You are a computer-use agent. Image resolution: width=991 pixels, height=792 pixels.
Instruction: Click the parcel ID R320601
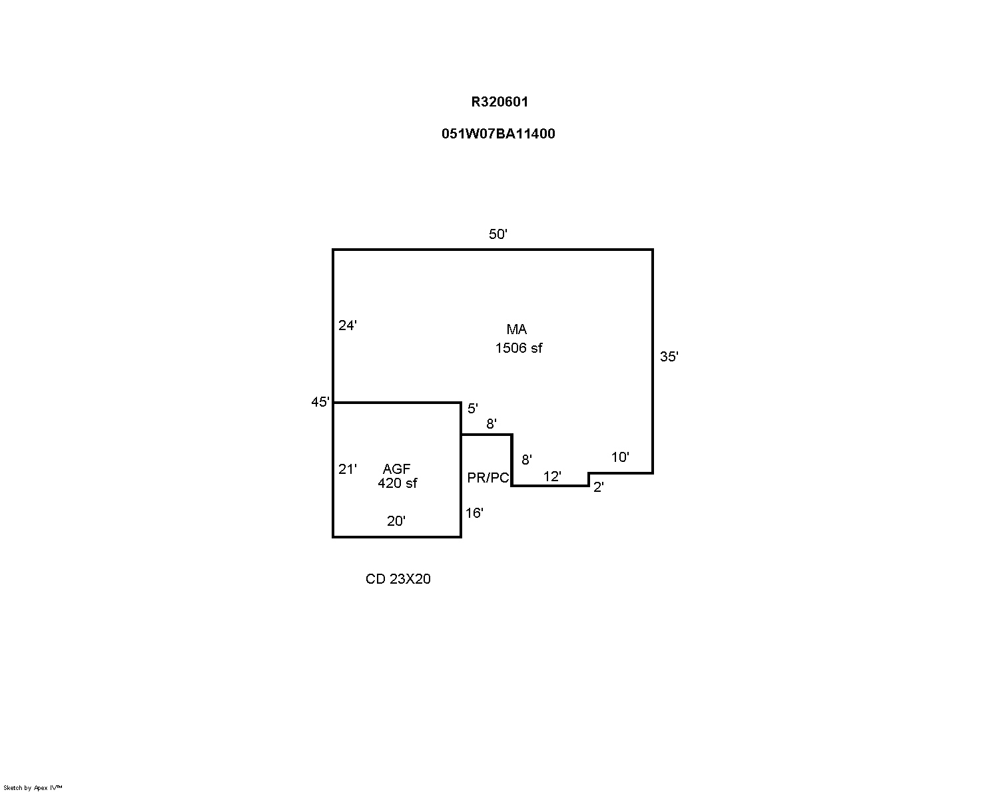coord(499,102)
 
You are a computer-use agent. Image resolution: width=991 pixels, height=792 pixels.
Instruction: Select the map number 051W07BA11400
coord(498,134)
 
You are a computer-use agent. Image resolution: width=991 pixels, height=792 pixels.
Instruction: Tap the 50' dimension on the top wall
coord(498,234)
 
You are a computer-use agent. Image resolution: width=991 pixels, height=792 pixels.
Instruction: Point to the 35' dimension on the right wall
coord(669,357)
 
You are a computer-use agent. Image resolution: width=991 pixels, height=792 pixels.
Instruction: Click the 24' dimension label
coord(348,325)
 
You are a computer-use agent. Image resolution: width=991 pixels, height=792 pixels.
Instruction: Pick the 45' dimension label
coord(320,402)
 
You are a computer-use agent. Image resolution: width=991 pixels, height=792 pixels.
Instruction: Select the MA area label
coord(517,329)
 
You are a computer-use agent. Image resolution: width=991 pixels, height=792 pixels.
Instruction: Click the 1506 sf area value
coord(519,348)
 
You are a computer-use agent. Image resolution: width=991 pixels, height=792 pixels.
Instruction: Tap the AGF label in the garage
coord(397,469)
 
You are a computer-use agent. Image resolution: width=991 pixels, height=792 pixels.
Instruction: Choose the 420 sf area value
coord(398,483)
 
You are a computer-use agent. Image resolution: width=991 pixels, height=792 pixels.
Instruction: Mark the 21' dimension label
coord(347,469)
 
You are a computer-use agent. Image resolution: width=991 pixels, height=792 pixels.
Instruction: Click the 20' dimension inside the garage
coord(396,521)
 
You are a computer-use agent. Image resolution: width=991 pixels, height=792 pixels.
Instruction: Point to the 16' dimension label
coord(474,512)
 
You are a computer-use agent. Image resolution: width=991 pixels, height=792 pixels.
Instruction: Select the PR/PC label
coord(488,478)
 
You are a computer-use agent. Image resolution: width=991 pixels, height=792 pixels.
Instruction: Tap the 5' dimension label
coord(472,409)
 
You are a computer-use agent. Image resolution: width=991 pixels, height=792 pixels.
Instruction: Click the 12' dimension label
coord(552,477)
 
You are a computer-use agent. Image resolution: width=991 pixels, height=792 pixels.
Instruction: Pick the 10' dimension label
coord(620,457)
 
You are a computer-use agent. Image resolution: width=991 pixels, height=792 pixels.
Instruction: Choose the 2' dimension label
coord(598,487)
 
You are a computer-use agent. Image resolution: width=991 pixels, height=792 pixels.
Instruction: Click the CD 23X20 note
coord(398,579)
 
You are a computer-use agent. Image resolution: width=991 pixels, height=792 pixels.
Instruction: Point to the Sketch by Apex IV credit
coord(33,788)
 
